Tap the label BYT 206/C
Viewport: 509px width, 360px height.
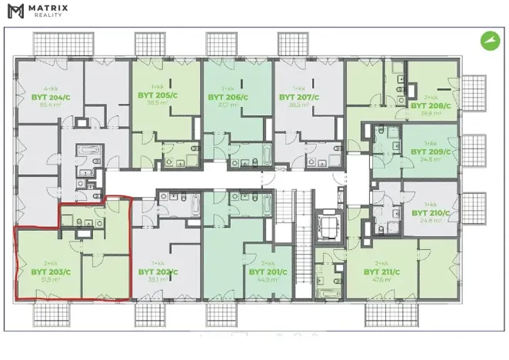228,98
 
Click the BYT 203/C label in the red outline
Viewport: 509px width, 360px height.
51,272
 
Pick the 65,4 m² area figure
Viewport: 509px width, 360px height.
48,106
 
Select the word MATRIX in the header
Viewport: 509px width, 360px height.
48,8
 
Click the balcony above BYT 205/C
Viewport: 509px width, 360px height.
152,43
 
